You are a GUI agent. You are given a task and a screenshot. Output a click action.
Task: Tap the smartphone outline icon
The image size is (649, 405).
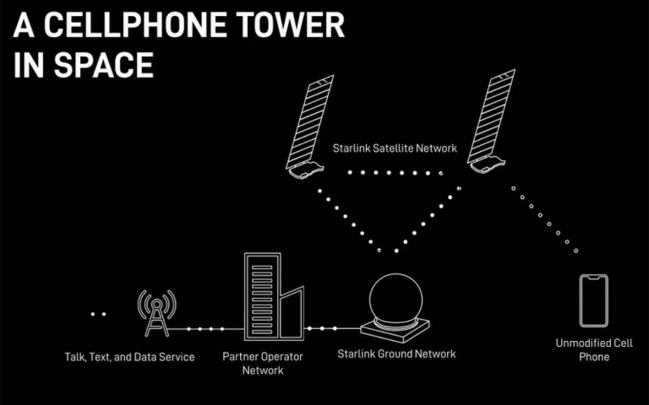[593, 301]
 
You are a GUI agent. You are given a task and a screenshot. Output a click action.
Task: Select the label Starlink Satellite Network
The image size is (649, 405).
[395, 148]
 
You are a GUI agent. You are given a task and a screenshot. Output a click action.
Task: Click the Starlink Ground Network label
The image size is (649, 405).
[396, 354]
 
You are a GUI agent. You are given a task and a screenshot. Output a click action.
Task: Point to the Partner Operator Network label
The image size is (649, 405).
[263, 363]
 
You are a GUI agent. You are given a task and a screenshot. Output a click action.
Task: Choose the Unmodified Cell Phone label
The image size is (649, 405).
[594, 350]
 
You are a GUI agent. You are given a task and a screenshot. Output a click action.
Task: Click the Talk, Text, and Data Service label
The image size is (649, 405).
[130, 357]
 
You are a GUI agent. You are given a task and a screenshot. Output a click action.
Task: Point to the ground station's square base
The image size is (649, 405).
[395, 330]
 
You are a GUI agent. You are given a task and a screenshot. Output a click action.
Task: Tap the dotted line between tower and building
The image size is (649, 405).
[206, 328]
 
